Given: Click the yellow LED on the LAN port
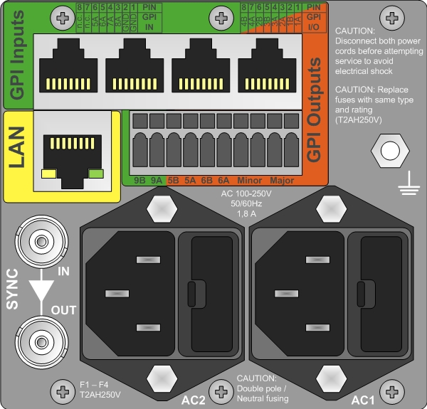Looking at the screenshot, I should (49, 173).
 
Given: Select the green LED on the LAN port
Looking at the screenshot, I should (95, 173).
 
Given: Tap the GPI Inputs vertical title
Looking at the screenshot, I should (17, 55).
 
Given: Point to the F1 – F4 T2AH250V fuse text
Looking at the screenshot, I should (100, 388).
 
